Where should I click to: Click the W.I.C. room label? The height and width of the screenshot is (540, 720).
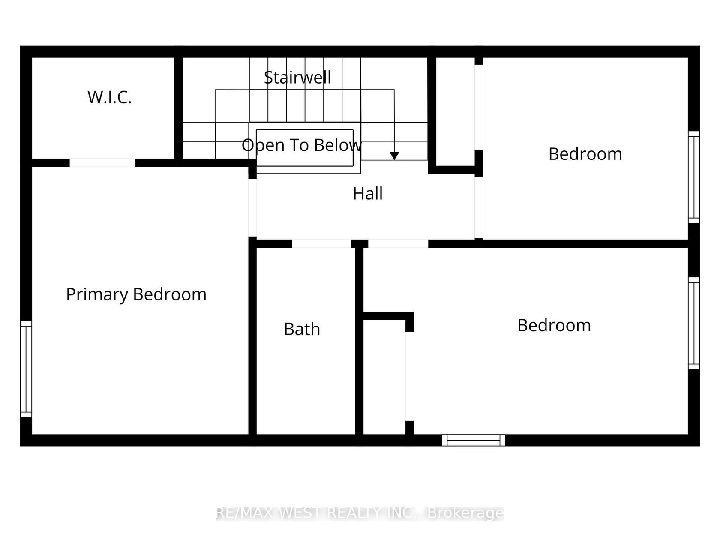(110, 97)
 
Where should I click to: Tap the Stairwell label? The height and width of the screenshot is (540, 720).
(297, 78)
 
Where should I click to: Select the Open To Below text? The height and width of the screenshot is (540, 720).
(302, 145)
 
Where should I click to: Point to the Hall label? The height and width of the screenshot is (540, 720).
(368, 193)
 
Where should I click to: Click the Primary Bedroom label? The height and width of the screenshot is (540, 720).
(136, 294)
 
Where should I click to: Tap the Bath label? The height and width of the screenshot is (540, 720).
(302, 329)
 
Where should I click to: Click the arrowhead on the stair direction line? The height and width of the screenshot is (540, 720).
(394, 156)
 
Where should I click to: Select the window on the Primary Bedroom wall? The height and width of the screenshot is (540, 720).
(26, 369)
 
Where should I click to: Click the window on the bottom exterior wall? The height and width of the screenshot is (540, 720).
(473, 440)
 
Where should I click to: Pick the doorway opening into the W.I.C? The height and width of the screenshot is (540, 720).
(102, 162)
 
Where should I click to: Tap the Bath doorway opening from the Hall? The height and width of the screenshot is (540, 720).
(321, 243)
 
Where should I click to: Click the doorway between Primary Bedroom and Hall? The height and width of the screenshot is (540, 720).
(252, 207)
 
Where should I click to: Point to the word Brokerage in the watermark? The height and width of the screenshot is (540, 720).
(465, 514)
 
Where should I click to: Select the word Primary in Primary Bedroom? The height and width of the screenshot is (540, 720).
(97, 295)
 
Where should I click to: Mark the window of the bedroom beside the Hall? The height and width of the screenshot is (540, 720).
(694, 177)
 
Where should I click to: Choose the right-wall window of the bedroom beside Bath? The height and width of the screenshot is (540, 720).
(694, 323)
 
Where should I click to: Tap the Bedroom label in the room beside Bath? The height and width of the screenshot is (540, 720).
(554, 325)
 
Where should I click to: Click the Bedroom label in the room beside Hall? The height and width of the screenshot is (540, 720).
(585, 154)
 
